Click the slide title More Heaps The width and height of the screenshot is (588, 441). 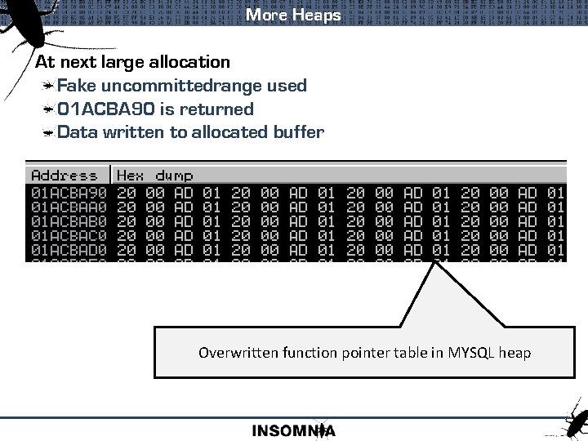(293, 15)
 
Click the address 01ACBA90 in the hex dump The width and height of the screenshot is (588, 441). (69, 193)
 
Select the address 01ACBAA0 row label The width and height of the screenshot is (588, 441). (69, 207)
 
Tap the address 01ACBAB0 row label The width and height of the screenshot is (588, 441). (69, 221)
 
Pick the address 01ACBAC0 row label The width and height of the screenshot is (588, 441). (69, 235)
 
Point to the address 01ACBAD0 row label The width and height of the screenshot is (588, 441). (69, 249)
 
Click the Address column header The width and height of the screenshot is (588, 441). (64, 175)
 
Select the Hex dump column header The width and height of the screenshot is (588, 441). (155, 175)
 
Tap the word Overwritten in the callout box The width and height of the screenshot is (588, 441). (238, 353)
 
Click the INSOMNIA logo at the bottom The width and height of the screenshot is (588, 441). (294, 430)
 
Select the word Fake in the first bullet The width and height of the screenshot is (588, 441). (77, 85)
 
